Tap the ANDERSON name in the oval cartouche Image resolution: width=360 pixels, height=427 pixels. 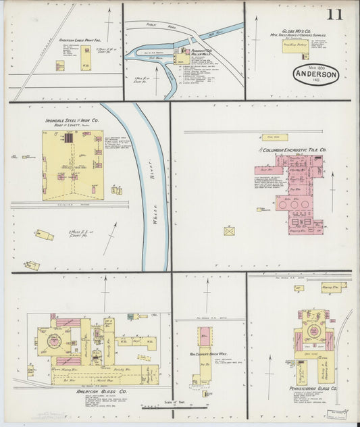click(316, 76)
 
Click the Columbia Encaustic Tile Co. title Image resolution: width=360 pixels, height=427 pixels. click(294, 149)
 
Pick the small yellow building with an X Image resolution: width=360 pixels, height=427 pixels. click(230, 231)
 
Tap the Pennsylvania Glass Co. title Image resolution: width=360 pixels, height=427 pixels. click(312, 389)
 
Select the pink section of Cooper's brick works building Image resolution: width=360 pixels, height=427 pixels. click(205, 336)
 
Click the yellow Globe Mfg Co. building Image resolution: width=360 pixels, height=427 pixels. click(295, 47)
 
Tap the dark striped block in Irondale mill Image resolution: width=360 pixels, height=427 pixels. click(68, 138)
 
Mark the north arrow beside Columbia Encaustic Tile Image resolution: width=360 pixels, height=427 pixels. click(333, 182)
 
